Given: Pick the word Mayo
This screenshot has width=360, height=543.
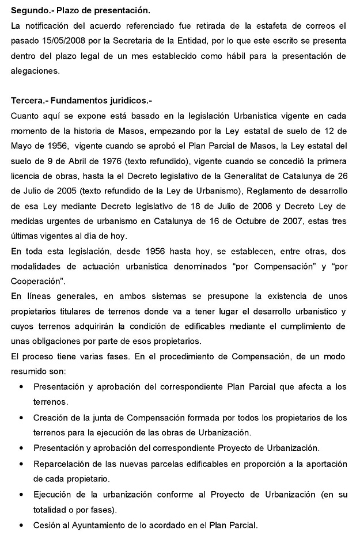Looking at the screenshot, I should click(x=22, y=146).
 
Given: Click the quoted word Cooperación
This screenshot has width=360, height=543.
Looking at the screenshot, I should click(x=38, y=281).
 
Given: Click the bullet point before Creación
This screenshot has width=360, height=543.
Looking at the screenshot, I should click(x=22, y=417).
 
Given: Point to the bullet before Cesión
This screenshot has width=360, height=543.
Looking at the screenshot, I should click(x=22, y=525).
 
